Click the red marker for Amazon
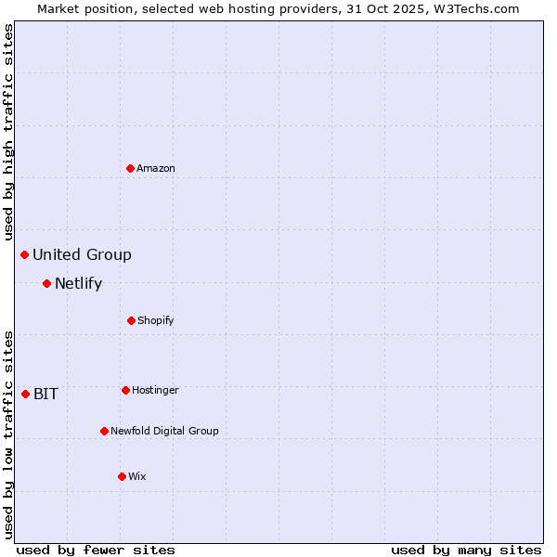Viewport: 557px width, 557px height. tap(131, 168)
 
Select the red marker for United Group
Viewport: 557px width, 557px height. tap(25, 254)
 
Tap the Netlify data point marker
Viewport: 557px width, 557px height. tap(46, 283)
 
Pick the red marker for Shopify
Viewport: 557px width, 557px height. tap(131, 320)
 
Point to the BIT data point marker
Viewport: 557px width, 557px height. tap(25, 394)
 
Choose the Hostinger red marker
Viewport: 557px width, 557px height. tap(125, 390)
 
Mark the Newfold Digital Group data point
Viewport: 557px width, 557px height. tap(104, 431)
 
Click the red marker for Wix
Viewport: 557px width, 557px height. tap(122, 476)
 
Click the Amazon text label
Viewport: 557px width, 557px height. tap(156, 168)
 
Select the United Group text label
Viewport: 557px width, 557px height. tap(82, 254)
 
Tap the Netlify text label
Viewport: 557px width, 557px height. tap(78, 283)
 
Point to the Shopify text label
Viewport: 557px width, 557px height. tap(156, 320)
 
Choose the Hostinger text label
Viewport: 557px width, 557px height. tap(155, 390)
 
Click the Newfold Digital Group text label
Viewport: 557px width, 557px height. tap(164, 431)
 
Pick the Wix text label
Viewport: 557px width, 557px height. tap(137, 476)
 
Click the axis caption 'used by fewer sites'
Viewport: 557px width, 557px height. tap(96, 550)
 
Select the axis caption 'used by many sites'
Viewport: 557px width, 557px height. tap(466, 550)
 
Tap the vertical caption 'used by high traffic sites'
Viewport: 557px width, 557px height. tap(8, 133)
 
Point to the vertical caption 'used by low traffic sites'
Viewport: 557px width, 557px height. tap(8, 434)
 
